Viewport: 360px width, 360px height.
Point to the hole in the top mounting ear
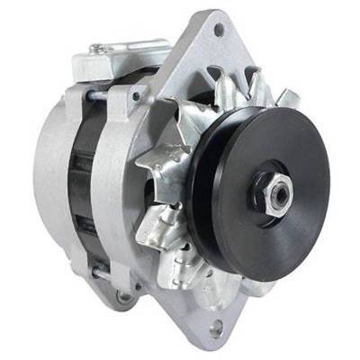pyautogui.click(x=218, y=30)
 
